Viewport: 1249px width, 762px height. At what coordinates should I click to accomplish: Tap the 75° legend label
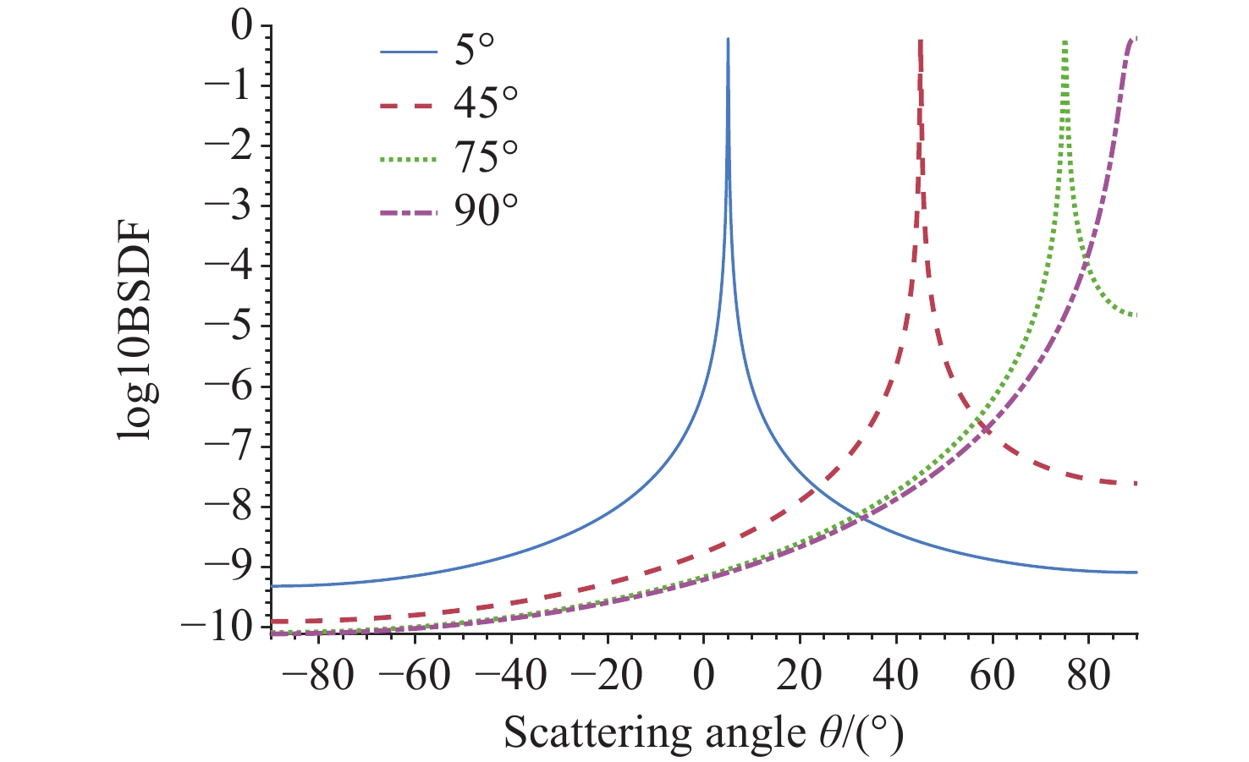[x=486, y=157]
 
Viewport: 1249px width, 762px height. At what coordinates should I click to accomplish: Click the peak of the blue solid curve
[x=728, y=40]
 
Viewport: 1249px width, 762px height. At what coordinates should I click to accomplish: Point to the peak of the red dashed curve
[x=920, y=41]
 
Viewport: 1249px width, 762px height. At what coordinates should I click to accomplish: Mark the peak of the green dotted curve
[x=1065, y=41]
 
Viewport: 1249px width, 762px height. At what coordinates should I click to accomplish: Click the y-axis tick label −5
[x=228, y=326]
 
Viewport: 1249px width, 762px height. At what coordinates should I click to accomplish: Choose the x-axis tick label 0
[x=704, y=677]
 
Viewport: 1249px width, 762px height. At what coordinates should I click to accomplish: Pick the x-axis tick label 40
[x=896, y=677]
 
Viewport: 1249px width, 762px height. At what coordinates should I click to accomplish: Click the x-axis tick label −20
[x=607, y=677]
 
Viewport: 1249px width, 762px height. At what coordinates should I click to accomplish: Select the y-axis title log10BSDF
[x=135, y=326]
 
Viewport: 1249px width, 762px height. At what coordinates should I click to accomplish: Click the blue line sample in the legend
[x=408, y=52]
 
